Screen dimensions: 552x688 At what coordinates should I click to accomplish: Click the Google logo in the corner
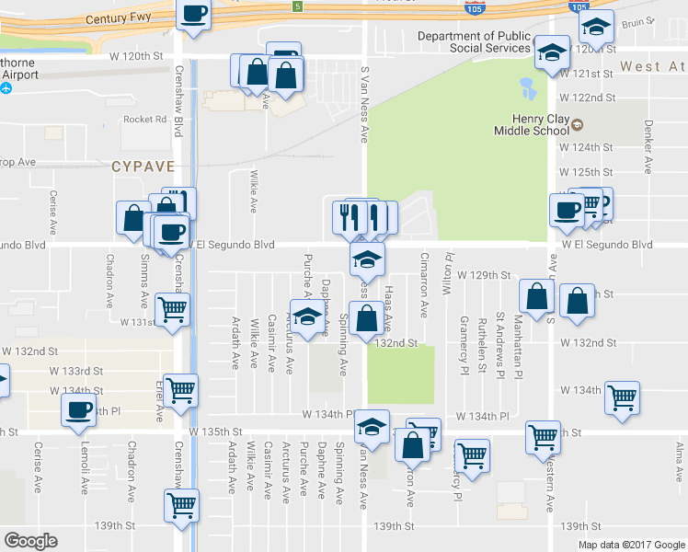tap(30, 540)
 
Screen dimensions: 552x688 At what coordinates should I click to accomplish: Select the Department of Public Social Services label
tap(474, 42)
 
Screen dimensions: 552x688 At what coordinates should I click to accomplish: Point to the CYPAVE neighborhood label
tap(143, 167)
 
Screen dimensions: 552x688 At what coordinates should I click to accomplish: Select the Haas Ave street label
tap(388, 308)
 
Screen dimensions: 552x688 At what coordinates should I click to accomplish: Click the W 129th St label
tap(484, 275)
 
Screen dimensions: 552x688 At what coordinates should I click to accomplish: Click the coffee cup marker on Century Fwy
tap(193, 15)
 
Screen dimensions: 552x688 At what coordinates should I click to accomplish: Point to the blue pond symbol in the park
tap(528, 88)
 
